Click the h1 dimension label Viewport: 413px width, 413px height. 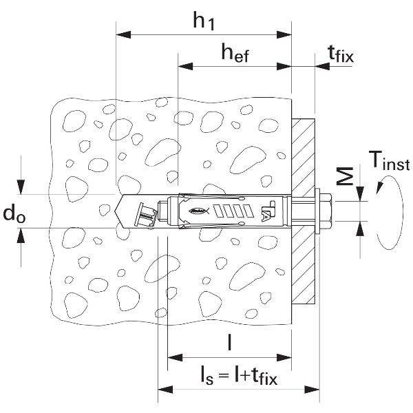pyautogui.click(x=203, y=21)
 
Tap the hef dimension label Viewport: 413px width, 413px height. pyautogui.click(x=235, y=53)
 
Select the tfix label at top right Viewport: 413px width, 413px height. pyautogui.click(x=341, y=54)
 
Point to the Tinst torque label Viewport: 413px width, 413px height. pyautogui.click(x=390, y=160)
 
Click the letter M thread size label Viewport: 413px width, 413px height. pyautogui.click(x=345, y=176)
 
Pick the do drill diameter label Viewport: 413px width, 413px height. pyautogui.click(x=14, y=213)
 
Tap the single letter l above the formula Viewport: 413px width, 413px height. pyautogui.click(x=230, y=342)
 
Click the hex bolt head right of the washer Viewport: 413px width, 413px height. pyautogui.click(x=326, y=211)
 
